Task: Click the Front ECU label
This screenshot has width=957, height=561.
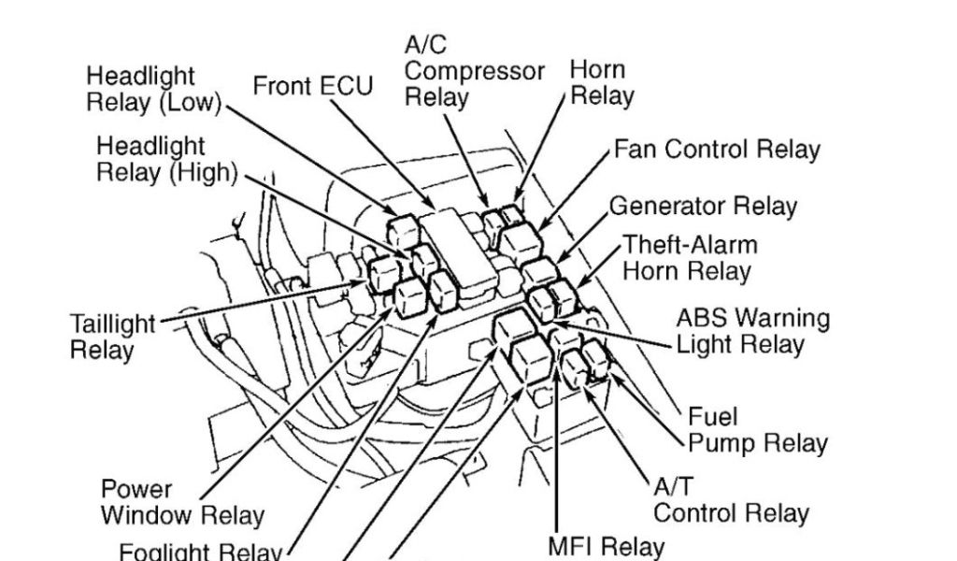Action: click(x=312, y=86)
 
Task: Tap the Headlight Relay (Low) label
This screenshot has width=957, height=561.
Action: click(x=154, y=89)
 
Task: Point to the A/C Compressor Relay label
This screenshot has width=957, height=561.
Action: click(x=474, y=70)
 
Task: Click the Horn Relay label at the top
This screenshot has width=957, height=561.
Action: click(x=601, y=82)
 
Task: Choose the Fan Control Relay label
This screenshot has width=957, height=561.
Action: click(x=717, y=150)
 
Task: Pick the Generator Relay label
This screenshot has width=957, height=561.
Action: click(x=703, y=206)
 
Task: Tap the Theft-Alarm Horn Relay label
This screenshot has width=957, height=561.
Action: click(x=690, y=258)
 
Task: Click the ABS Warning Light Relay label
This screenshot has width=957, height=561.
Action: click(x=752, y=331)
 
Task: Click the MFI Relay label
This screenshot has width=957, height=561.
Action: click(x=606, y=546)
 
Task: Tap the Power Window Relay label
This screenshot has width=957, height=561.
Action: click(x=182, y=502)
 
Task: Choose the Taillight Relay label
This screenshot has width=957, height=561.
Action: click(x=112, y=338)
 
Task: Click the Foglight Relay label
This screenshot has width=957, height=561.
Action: click(x=200, y=550)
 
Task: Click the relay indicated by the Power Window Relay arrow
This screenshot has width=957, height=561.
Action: click(x=410, y=296)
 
